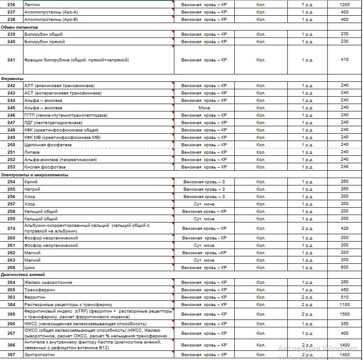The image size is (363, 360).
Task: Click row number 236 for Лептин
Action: click(x=11, y=4)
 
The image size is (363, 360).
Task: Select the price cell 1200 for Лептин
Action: click(x=344, y=4)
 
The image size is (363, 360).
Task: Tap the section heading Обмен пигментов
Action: click(x=19, y=27)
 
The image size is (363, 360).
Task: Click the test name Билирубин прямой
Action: click(x=45, y=42)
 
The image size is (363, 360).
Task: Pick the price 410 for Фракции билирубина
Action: click(x=344, y=60)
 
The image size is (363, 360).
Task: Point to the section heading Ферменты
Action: click(x=12, y=78)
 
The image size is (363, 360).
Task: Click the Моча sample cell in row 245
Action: click(x=204, y=108)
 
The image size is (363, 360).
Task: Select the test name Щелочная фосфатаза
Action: click(x=48, y=145)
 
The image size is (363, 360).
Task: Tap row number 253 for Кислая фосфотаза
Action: click(x=11, y=167)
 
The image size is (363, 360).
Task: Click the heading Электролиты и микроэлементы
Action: click(x=34, y=175)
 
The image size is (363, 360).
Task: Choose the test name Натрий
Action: click(x=33, y=189)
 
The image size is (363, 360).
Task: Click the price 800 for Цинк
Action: click(x=344, y=268)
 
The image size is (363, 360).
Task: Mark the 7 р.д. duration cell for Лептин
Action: click(x=307, y=4)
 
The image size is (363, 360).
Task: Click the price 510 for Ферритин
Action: click(x=344, y=297)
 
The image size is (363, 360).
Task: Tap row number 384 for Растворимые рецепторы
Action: click(x=11, y=305)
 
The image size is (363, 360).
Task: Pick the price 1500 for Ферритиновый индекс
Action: click(x=344, y=314)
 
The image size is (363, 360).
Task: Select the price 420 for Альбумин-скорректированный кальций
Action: click(x=344, y=228)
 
